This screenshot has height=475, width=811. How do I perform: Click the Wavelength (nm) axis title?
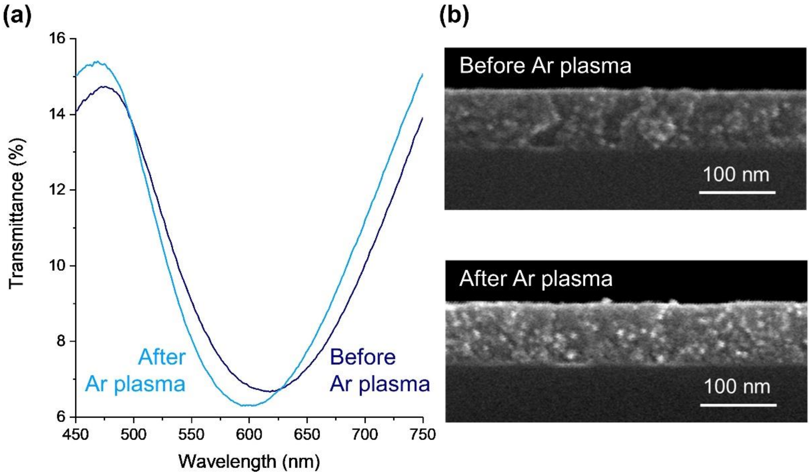(x=249, y=462)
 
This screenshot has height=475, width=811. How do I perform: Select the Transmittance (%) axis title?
(x=16, y=214)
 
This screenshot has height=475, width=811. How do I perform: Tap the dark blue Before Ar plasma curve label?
(x=380, y=370)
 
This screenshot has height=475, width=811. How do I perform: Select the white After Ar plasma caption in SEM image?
(x=536, y=279)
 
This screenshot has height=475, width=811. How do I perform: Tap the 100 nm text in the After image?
(x=737, y=387)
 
